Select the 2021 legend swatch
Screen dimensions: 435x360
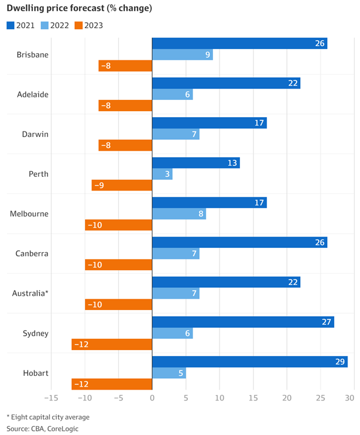(11, 25)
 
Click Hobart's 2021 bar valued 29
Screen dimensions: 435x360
(250, 362)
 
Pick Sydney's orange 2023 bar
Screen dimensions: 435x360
(112, 344)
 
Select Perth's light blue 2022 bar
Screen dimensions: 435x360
(163, 174)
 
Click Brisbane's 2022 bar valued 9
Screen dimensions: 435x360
(182, 54)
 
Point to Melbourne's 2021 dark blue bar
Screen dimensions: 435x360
(209, 203)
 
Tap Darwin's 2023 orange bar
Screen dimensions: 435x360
(126, 145)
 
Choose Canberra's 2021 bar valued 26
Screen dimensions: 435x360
(239, 242)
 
